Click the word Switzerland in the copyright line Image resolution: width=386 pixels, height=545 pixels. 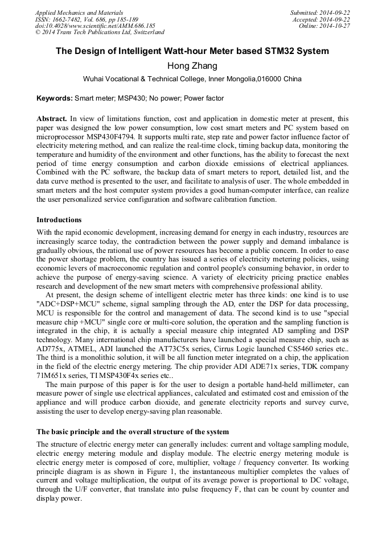(x=145, y=33)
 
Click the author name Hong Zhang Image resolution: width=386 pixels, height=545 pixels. (x=192, y=66)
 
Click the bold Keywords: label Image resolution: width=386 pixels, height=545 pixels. (x=55, y=98)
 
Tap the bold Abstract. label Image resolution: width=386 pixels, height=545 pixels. (x=52, y=119)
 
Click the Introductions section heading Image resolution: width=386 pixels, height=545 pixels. (x=59, y=220)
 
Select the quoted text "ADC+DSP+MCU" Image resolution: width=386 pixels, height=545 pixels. (x=62, y=304)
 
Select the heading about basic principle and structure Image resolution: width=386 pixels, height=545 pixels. (x=133, y=432)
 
